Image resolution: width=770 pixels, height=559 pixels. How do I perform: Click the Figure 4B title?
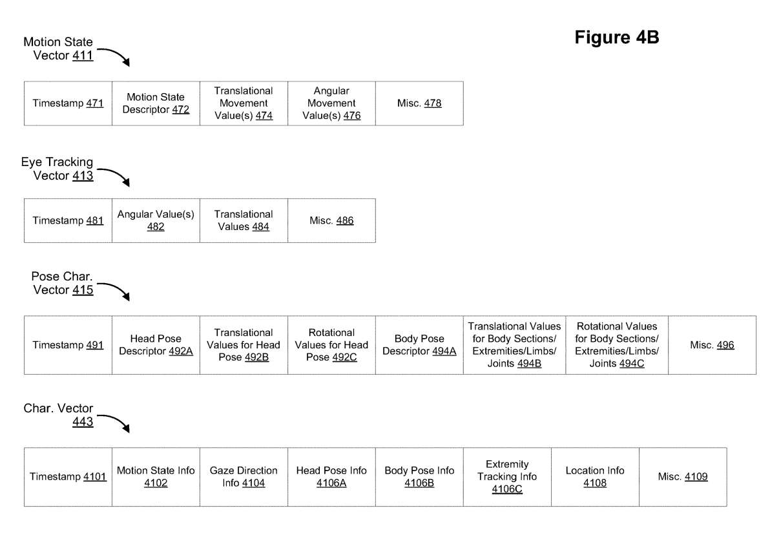pyautogui.click(x=616, y=37)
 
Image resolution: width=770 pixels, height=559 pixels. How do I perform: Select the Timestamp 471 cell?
pyautogui.click(x=68, y=103)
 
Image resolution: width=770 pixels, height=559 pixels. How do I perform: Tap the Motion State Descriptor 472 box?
pyautogui.click(x=156, y=103)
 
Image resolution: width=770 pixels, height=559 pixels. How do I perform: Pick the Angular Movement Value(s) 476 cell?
pyautogui.click(x=331, y=103)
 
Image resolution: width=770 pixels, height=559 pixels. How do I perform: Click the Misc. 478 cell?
pyautogui.click(x=419, y=103)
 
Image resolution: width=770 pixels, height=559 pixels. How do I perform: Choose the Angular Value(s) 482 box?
pyautogui.click(x=156, y=220)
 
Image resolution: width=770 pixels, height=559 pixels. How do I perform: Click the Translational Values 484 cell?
pyautogui.click(x=244, y=220)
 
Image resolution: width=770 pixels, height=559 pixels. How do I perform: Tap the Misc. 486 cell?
pyautogui.click(x=331, y=220)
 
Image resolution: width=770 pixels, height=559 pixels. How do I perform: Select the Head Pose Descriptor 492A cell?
pyautogui.click(x=156, y=345)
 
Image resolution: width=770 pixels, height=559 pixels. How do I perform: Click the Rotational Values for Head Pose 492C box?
pyautogui.click(x=331, y=345)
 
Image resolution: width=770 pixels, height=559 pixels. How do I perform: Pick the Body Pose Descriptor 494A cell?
pyautogui.click(x=419, y=345)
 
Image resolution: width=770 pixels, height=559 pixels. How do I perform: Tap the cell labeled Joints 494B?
pyautogui.click(x=515, y=345)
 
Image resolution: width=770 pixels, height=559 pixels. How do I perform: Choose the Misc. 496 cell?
pyautogui.click(x=712, y=345)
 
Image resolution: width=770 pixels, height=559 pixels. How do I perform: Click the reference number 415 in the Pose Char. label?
pyautogui.click(x=83, y=290)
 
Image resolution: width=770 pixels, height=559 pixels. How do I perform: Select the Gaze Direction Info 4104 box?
pyautogui.click(x=244, y=477)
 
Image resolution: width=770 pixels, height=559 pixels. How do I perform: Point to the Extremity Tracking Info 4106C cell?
pyautogui.click(x=507, y=477)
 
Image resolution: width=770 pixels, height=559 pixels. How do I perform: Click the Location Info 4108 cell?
pyautogui.click(x=595, y=477)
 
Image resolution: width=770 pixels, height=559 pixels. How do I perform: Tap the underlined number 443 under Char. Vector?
pyautogui.click(x=83, y=421)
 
